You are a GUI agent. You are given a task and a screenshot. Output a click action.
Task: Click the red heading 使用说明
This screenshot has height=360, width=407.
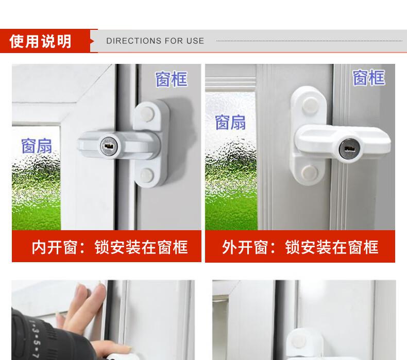tap(40, 41)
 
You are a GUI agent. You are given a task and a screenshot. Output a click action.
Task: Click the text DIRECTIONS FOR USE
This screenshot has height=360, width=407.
tap(155, 41)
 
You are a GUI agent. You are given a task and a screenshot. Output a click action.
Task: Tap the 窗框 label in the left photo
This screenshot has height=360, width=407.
tap(172, 79)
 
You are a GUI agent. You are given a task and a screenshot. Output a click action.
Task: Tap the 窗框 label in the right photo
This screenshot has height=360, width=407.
tap(368, 77)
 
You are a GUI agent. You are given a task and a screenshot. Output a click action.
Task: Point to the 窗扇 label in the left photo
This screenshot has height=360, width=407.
tap(37, 146)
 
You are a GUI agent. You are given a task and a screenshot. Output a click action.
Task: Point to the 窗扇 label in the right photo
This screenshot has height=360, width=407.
tap(230, 122)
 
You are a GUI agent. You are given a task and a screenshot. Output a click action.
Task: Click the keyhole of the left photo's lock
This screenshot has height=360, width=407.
tap(109, 147)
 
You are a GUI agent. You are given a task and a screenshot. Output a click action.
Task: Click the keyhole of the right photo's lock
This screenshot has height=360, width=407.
tap(348, 150)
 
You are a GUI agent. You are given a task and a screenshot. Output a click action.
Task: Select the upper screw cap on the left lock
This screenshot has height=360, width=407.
tap(147, 114)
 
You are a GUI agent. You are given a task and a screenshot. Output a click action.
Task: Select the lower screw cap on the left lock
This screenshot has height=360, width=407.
tap(147, 175)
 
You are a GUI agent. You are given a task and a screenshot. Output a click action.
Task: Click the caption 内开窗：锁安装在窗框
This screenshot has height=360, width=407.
tap(110, 247)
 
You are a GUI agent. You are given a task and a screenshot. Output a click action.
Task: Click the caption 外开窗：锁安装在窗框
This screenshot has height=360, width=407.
tap(300, 247)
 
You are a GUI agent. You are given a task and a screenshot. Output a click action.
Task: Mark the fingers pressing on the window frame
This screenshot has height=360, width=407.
tap(86, 306)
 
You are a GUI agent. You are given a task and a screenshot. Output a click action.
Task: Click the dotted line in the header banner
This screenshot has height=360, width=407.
tap(309, 41)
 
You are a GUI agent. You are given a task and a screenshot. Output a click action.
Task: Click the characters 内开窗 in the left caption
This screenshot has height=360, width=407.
tap(55, 247)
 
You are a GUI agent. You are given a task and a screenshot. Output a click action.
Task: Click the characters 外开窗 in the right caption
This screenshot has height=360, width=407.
tap(245, 247)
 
